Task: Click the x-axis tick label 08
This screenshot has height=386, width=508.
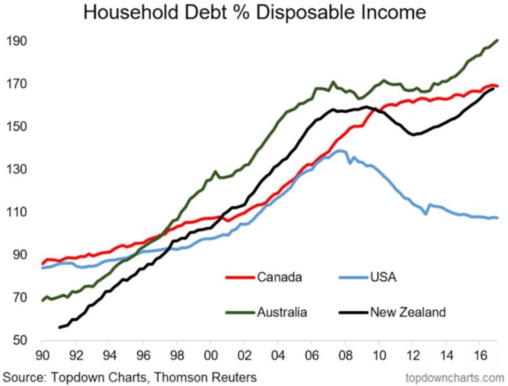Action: coord(345,360)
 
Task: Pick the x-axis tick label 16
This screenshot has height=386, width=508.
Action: coord(481,360)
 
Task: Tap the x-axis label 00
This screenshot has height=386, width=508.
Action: coord(210,360)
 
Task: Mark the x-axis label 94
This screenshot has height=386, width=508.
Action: coord(109,360)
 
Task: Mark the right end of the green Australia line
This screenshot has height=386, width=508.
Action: coord(498,41)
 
